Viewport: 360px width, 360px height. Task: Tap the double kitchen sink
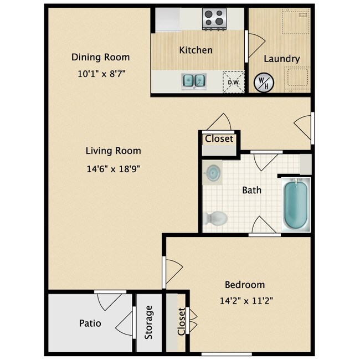pos(193,81)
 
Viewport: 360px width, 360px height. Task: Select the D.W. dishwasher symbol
pos(233,83)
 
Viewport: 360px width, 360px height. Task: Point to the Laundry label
pos(281,59)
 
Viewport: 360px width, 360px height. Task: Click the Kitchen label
pos(196,50)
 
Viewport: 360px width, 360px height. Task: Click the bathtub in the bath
pos(295,204)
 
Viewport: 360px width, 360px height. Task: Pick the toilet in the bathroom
pos(215,218)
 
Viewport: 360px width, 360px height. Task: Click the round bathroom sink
pos(212,173)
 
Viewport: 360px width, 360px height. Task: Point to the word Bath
pos(251,190)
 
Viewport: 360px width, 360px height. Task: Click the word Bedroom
pos(244,285)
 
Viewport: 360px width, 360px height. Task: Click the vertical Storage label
pos(148,322)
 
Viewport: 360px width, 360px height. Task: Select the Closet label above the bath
pos(219,138)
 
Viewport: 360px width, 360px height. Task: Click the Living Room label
pos(113,151)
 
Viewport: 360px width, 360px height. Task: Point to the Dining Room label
pos(100,57)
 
